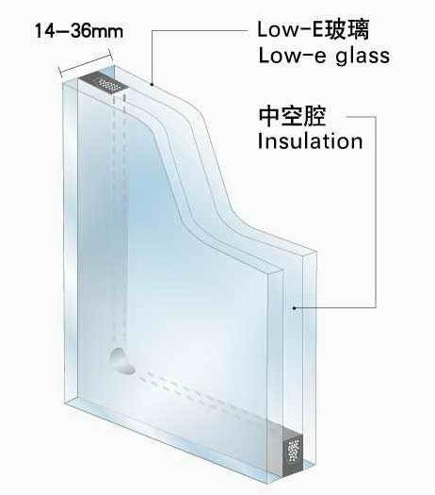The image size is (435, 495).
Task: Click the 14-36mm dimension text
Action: click(x=79, y=31)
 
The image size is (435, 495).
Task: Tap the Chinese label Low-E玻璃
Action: click(x=313, y=29)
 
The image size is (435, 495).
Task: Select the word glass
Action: click(x=362, y=57)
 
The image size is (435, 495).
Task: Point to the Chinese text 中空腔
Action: click(x=292, y=116)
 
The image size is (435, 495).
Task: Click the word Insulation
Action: click(x=310, y=140)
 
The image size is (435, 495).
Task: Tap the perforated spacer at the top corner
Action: click(x=104, y=82)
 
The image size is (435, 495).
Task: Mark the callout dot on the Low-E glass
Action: click(x=152, y=84)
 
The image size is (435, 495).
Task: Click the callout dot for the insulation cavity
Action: click(x=294, y=306)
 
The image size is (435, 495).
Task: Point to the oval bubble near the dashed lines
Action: click(x=121, y=362)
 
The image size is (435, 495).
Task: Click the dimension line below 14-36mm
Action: click(x=86, y=63)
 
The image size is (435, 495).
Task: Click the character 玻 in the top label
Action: click(x=336, y=29)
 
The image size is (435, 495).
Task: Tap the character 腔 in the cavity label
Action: click(x=314, y=116)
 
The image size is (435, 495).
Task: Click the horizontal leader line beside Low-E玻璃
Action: click(x=200, y=30)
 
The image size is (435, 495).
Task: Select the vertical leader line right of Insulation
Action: click(x=376, y=212)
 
